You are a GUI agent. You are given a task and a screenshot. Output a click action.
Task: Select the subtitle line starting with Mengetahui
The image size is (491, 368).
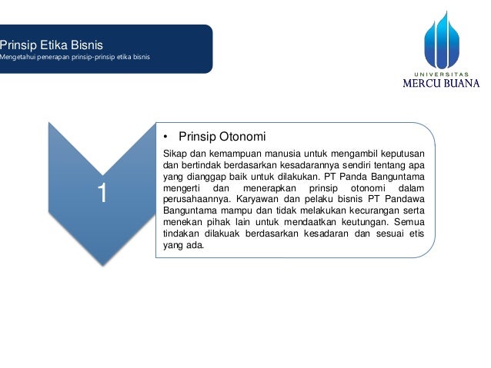[x=75, y=58]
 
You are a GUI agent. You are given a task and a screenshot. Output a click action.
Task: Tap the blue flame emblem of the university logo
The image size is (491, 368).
[x=441, y=38]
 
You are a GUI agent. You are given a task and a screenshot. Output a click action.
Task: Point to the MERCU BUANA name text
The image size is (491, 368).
[x=441, y=84]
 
